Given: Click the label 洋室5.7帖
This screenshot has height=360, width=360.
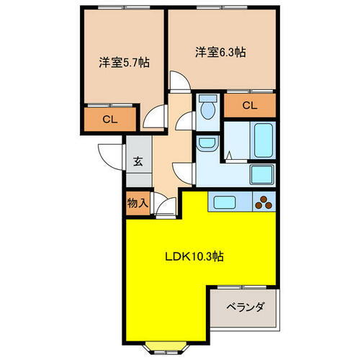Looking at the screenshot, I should click(x=125, y=63).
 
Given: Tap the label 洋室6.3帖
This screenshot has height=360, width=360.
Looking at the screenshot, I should click(x=220, y=52).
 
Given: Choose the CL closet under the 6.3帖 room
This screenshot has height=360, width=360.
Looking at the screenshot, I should click(x=249, y=107).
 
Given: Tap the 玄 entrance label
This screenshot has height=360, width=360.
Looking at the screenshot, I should click(x=138, y=161).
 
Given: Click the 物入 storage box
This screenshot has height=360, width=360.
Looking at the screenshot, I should click(x=138, y=204).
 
